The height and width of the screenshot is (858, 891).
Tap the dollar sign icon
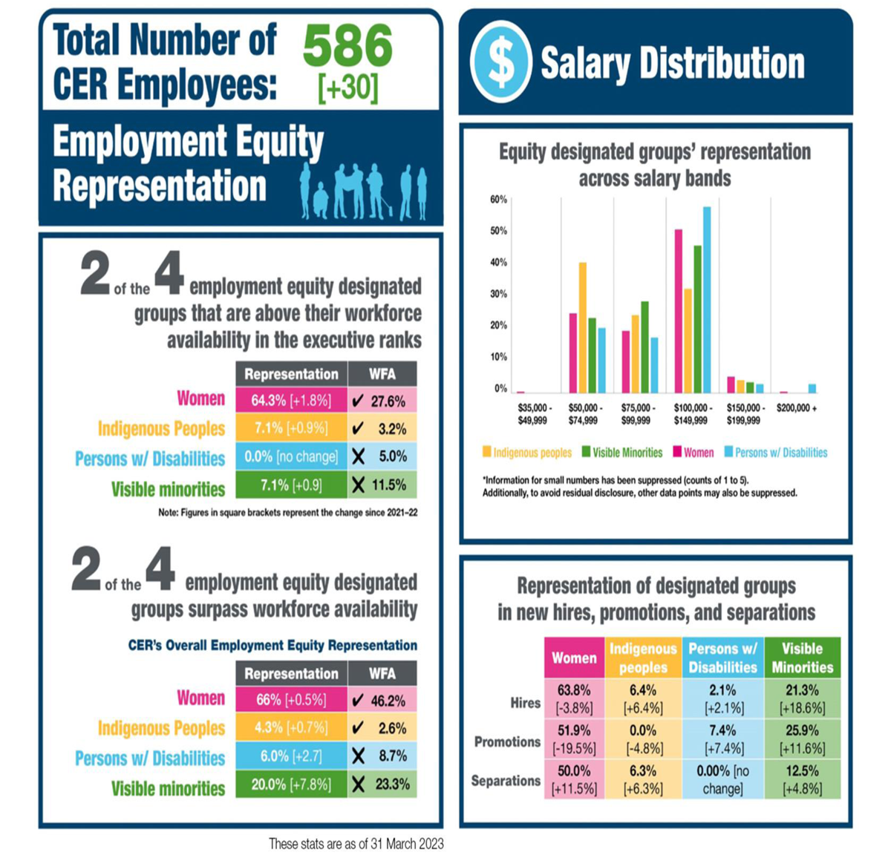click(x=501, y=63)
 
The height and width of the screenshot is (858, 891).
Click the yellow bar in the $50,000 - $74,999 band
click(x=583, y=327)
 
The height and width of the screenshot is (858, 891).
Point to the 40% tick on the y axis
click(x=498, y=263)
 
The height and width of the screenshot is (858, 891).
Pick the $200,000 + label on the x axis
click(x=796, y=408)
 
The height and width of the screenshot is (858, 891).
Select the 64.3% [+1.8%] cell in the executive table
click(x=291, y=401)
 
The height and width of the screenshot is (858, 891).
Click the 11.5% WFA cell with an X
click(x=382, y=485)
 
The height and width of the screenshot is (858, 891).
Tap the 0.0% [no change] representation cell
click(x=291, y=456)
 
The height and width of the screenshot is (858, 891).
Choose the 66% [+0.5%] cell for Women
click(x=291, y=700)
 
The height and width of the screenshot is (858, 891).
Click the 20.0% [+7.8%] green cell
click(x=291, y=784)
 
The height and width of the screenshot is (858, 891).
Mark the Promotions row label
click(x=507, y=741)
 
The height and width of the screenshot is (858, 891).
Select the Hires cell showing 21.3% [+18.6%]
click(x=802, y=699)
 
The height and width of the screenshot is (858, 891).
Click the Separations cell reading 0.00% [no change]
click(x=722, y=779)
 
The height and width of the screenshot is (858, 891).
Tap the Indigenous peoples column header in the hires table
click(x=643, y=658)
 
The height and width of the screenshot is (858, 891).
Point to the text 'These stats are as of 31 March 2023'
click(x=356, y=843)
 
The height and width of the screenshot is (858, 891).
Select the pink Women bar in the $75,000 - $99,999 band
click(x=625, y=361)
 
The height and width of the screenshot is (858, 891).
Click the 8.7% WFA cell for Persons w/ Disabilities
click(x=382, y=756)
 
